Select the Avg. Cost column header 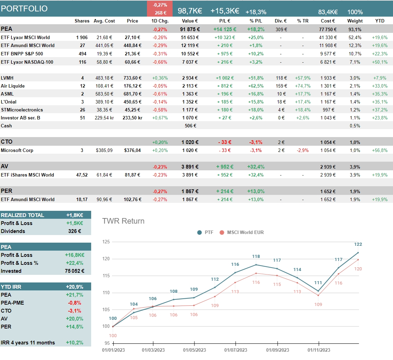point(104,21)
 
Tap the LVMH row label point(8,78)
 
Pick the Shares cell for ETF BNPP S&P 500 point(82,54)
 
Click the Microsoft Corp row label point(17,150)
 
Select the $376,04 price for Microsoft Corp point(132,150)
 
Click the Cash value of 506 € point(190,126)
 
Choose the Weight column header point(355,21)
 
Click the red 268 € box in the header point(160,13)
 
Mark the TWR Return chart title point(123,221)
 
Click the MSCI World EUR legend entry point(245,232)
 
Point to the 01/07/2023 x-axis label point(236,350)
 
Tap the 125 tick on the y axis point(106,242)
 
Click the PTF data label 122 point(358,244)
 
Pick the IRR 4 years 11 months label point(28,342)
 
